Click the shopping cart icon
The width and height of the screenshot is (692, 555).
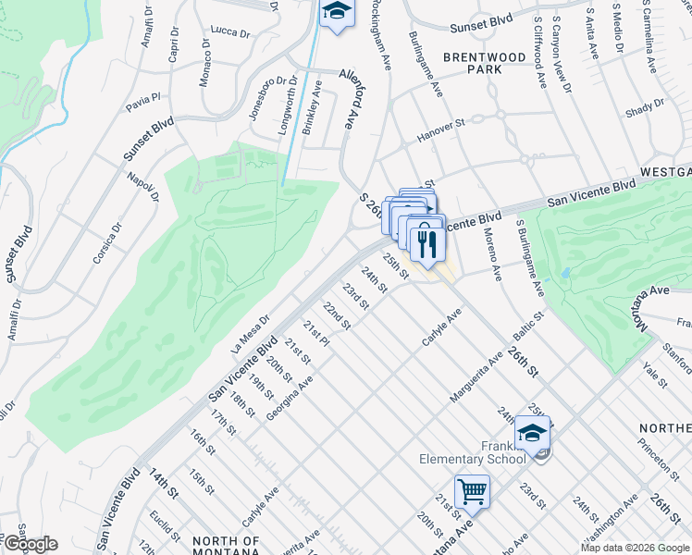pos(472,492)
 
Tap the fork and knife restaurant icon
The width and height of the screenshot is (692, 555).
pos(426,243)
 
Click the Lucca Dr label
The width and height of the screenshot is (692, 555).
pos(230,31)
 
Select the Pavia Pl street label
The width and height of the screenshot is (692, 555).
pos(143,100)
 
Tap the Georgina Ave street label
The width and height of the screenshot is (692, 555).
pos(290,398)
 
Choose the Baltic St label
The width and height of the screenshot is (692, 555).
pos(530,327)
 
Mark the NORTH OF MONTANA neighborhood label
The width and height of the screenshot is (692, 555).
pos(225,546)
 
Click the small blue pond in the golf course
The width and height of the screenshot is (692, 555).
pos(564,275)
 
